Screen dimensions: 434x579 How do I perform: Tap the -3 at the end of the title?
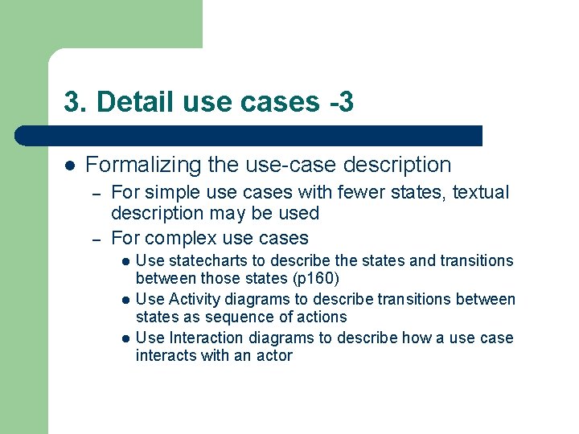tap(340, 102)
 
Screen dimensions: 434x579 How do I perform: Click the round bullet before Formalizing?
tap(70, 165)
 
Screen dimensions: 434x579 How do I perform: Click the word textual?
tap(481, 193)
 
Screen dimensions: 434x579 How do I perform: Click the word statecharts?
tap(208, 260)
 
